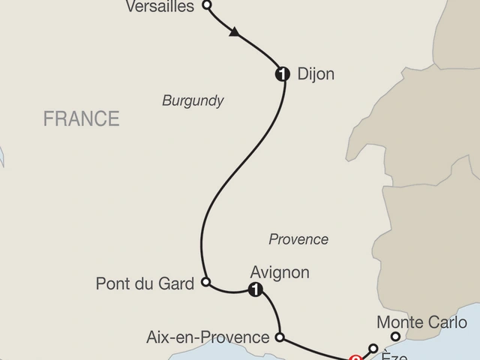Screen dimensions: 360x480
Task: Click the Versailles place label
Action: point(161,6)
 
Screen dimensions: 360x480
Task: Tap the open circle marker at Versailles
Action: point(208,5)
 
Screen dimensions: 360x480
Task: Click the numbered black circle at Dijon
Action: point(283,73)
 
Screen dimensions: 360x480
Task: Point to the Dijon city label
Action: point(316,74)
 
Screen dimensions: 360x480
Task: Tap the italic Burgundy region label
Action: point(193,100)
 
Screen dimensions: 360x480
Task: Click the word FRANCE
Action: point(81,118)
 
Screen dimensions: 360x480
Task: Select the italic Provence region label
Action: point(298,239)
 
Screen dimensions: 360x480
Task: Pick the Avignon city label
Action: point(281,272)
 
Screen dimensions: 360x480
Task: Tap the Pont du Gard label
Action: point(145,283)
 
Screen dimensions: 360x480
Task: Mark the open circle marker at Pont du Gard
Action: point(206,283)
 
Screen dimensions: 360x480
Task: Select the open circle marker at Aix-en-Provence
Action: point(280,337)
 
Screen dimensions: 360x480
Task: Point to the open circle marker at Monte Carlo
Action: point(395,337)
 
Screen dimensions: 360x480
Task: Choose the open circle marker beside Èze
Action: point(373,348)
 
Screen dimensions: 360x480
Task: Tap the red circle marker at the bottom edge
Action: point(355,358)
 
